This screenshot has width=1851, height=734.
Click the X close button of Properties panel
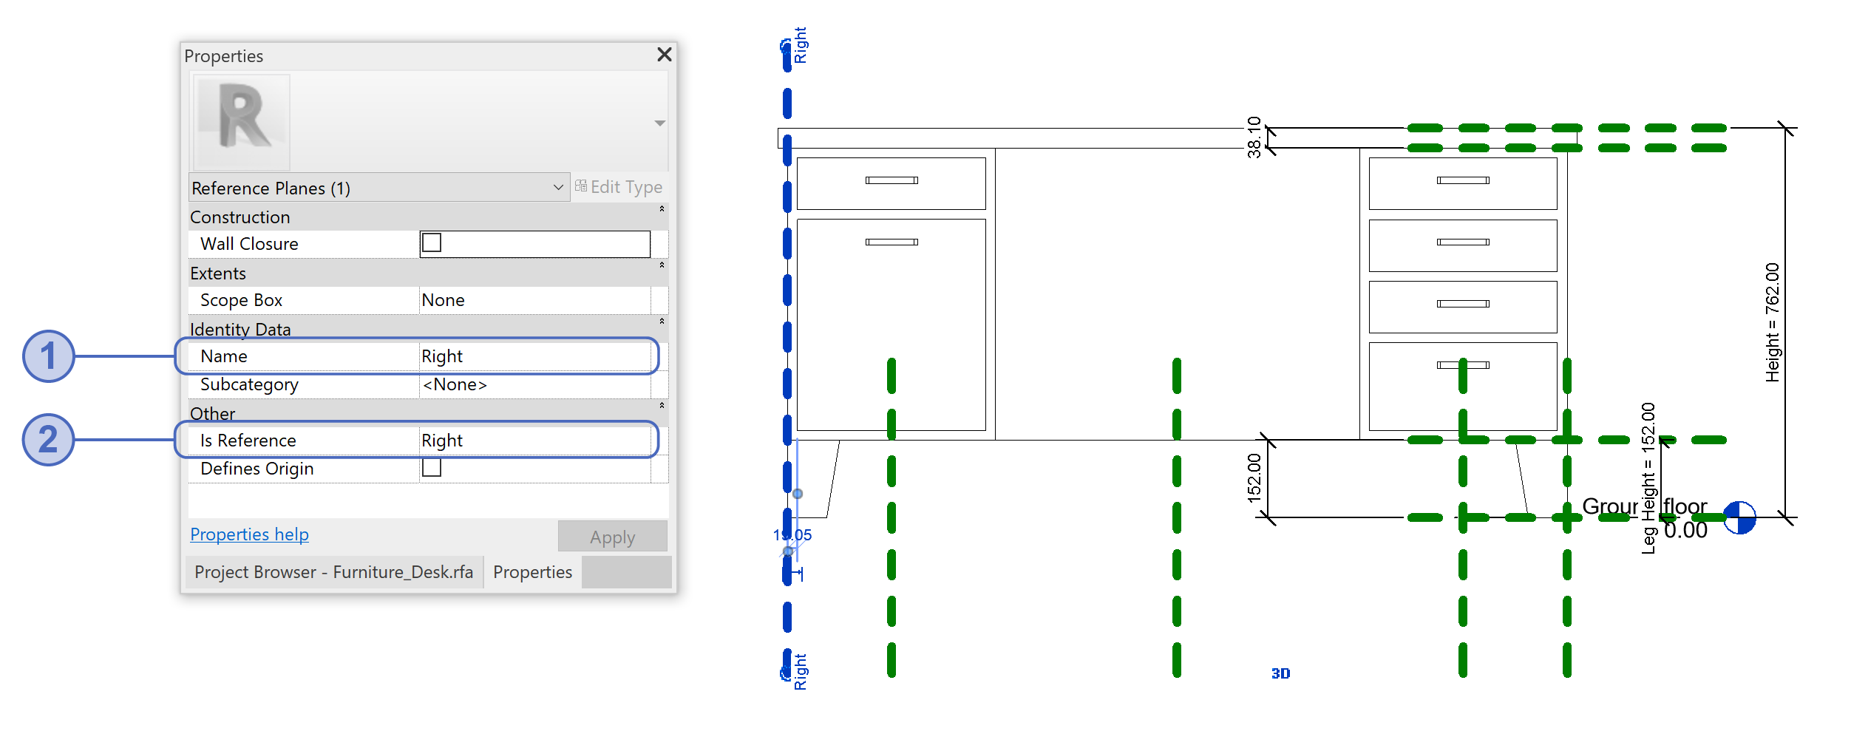click(x=664, y=55)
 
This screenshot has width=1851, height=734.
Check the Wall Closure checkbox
click(x=432, y=243)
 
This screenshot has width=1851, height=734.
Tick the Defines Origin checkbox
click(x=432, y=468)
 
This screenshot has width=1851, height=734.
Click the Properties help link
click(x=249, y=534)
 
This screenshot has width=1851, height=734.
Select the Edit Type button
click(x=619, y=188)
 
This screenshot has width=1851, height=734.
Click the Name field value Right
click(x=442, y=356)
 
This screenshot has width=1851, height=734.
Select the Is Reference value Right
click(x=442, y=441)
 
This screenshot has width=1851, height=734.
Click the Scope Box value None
click(x=443, y=300)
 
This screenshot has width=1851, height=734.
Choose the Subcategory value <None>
click(x=455, y=384)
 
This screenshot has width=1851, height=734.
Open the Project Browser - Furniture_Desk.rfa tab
click(x=333, y=572)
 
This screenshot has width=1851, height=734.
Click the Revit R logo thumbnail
click(x=242, y=121)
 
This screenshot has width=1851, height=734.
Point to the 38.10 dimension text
click(x=1254, y=137)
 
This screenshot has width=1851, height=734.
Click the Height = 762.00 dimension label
click(x=1772, y=322)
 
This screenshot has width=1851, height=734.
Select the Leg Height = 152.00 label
click(x=1648, y=478)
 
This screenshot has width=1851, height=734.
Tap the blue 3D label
click(x=1280, y=673)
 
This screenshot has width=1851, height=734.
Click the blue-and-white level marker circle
click(x=1739, y=517)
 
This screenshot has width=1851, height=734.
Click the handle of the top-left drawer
click(x=891, y=180)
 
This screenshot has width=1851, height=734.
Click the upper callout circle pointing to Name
click(x=49, y=356)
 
